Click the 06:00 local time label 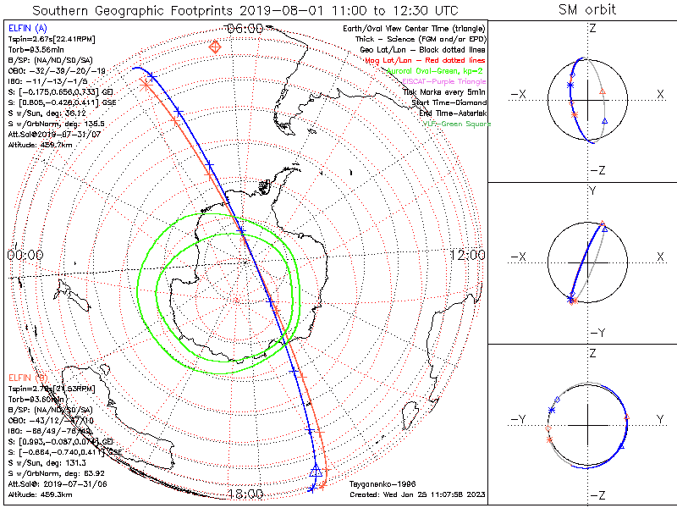[245, 28]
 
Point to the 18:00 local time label [245, 494]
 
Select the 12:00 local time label [466, 255]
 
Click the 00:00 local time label [25, 255]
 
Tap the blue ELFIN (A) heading [28, 28]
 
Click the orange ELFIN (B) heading [28, 376]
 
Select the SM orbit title [587, 10]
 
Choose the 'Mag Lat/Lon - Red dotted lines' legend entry [426, 61]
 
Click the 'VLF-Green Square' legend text [454, 122]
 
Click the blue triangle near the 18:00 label [316, 471]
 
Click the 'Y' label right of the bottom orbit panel [660, 419]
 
